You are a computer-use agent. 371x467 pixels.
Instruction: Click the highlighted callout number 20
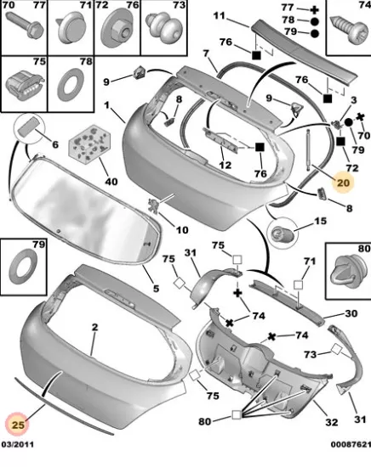(343, 183)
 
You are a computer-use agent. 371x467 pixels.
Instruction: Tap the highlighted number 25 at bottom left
(18, 425)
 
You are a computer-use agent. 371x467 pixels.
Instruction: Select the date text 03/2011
(18, 445)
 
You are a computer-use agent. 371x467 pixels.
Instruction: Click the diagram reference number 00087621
(351, 445)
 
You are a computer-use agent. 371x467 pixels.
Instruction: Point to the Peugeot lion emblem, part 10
(152, 205)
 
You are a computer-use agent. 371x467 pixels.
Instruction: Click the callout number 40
(111, 181)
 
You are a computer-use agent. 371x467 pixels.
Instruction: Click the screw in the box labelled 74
(349, 29)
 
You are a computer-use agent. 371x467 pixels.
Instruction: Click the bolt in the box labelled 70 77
(25, 25)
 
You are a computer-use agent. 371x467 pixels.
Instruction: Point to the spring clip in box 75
(24, 84)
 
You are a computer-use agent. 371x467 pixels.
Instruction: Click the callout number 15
(320, 221)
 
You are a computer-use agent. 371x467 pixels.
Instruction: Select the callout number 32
(331, 422)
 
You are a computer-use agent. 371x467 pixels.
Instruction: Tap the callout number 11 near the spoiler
(220, 15)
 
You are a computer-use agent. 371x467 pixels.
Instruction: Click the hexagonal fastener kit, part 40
(90, 142)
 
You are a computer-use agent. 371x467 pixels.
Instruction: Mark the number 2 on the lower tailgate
(95, 327)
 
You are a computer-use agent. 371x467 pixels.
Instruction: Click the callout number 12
(225, 165)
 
